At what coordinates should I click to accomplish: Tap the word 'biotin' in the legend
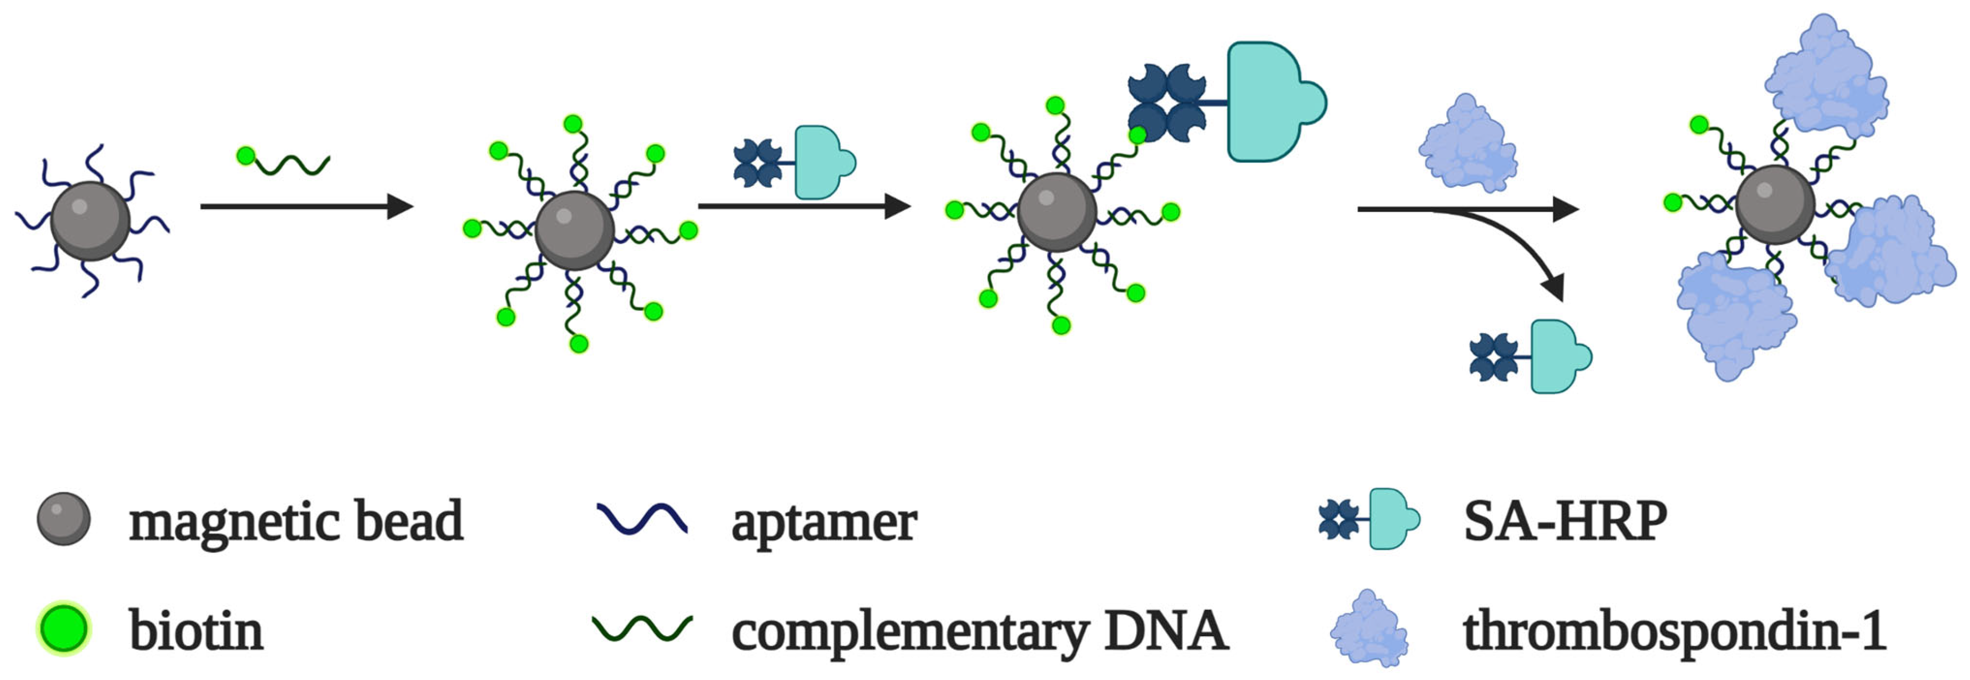coord(196,632)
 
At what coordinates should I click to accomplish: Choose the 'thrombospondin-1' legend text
coord(1673,632)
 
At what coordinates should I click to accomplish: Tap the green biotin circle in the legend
coord(64,629)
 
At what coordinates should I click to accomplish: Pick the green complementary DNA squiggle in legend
coord(643,629)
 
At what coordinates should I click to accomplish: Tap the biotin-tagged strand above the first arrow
coord(283,162)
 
